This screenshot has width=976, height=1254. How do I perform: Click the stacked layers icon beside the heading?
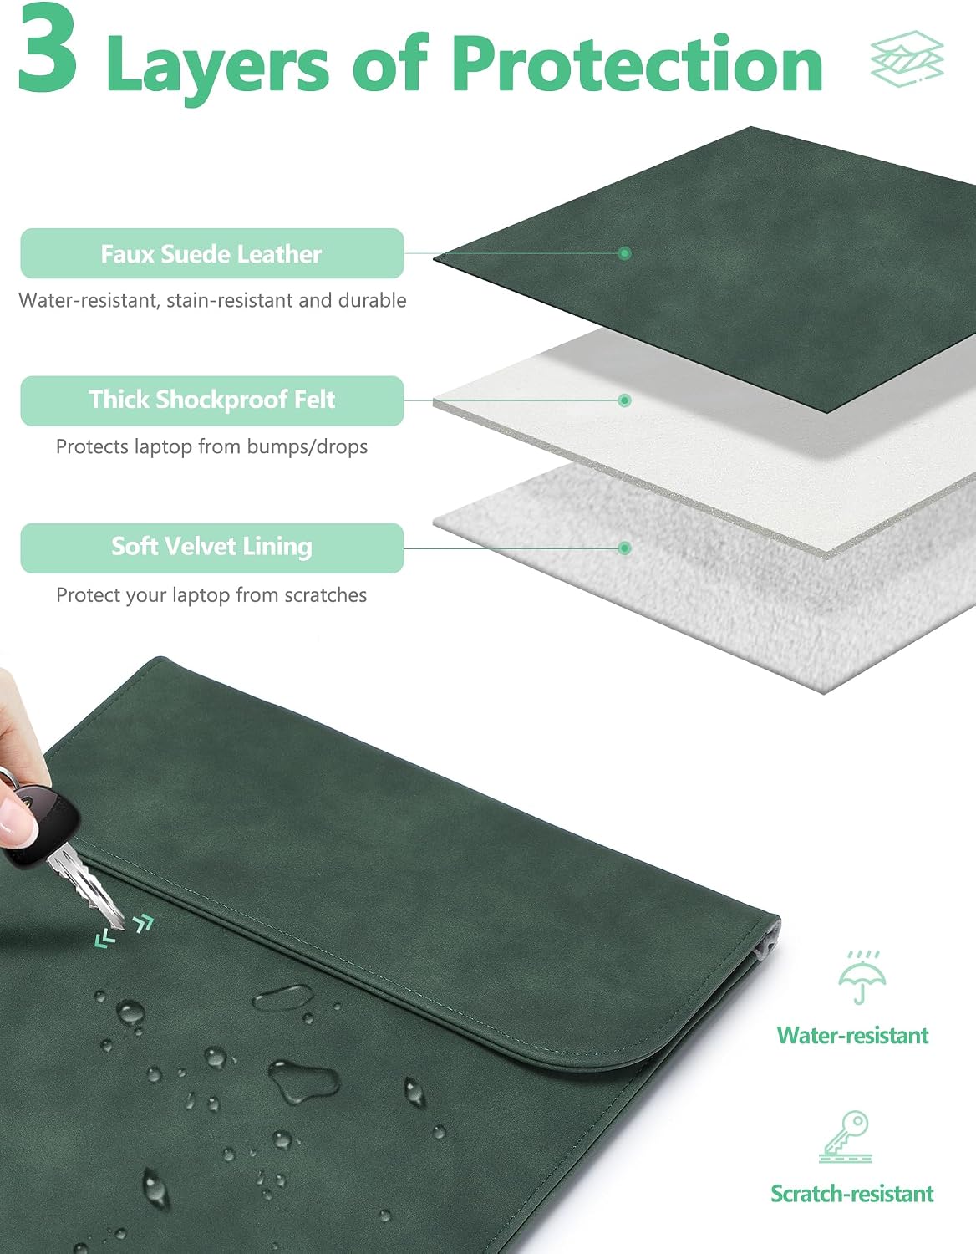click(x=907, y=59)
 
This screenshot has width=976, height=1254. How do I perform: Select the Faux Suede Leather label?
click(x=211, y=253)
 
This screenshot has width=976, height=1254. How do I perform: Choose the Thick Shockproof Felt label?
click(x=211, y=400)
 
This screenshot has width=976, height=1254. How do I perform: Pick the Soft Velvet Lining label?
click(x=211, y=548)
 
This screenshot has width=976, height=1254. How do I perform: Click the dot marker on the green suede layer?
click(x=624, y=252)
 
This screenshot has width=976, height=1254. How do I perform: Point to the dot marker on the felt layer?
click(x=624, y=400)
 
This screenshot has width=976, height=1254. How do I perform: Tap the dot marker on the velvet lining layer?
click(x=624, y=548)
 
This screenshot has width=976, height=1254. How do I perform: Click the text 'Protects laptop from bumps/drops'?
click(x=211, y=446)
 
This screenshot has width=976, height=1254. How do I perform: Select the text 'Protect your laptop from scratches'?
click(x=211, y=595)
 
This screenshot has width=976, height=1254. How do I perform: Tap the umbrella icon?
click(x=862, y=977)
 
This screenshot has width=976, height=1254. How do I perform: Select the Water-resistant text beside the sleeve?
click(x=852, y=1036)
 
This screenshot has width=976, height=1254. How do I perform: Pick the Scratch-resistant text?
click(x=852, y=1194)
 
